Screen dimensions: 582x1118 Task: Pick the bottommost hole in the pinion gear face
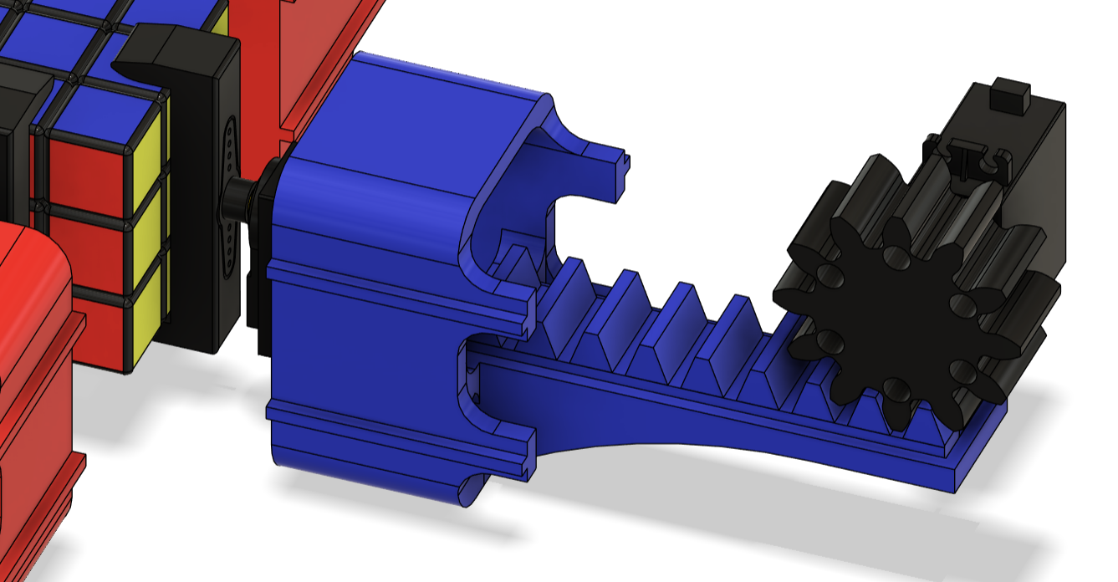894,386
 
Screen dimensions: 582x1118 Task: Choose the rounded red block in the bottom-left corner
33,376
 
